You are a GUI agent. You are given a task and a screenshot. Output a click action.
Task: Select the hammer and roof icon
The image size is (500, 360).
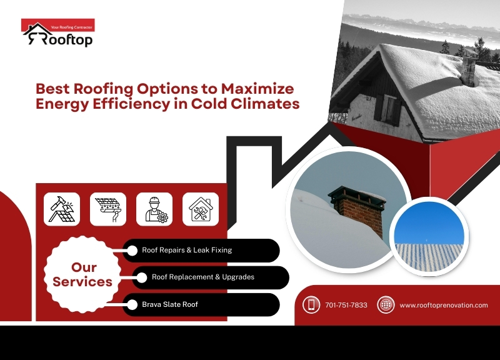[62, 209]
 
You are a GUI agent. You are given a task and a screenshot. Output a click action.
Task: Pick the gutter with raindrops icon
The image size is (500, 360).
[108, 209]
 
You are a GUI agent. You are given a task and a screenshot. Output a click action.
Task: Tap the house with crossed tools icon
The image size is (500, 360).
[201, 209]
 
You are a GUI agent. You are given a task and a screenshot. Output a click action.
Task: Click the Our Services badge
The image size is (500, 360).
[83, 275]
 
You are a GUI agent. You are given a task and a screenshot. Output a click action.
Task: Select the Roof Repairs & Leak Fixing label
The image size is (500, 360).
[187, 250]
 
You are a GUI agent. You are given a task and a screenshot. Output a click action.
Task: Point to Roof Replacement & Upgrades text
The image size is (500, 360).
[203, 277]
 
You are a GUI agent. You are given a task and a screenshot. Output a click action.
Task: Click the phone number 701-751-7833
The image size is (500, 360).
[346, 305]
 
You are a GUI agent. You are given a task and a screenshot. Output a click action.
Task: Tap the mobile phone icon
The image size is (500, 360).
[311, 305]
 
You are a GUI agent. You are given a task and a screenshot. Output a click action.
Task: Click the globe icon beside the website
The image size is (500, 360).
[386, 305]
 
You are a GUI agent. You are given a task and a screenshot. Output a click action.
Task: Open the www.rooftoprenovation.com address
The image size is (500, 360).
[443, 305]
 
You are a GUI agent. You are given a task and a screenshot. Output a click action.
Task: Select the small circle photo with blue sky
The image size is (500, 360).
[428, 236]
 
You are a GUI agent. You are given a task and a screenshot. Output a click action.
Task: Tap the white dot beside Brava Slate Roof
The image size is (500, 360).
[132, 305]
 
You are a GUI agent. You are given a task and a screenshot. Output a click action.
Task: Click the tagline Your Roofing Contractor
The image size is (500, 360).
[71, 27]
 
